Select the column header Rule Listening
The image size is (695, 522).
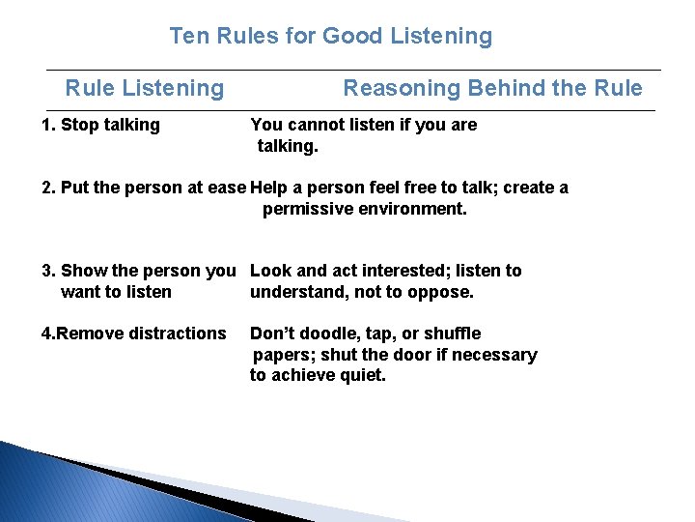(x=144, y=89)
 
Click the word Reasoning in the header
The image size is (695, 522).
(x=402, y=89)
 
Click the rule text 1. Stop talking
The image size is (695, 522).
(x=100, y=125)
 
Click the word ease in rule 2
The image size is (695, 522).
(x=227, y=188)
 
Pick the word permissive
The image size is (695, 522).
(x=308, y=209)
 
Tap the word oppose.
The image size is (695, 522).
(x=444, y=292)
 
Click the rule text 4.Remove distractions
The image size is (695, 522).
(x=133, y=333)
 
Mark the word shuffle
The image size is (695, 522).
(x=452, y=333)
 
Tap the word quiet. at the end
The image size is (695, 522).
(x=361, y=376)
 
